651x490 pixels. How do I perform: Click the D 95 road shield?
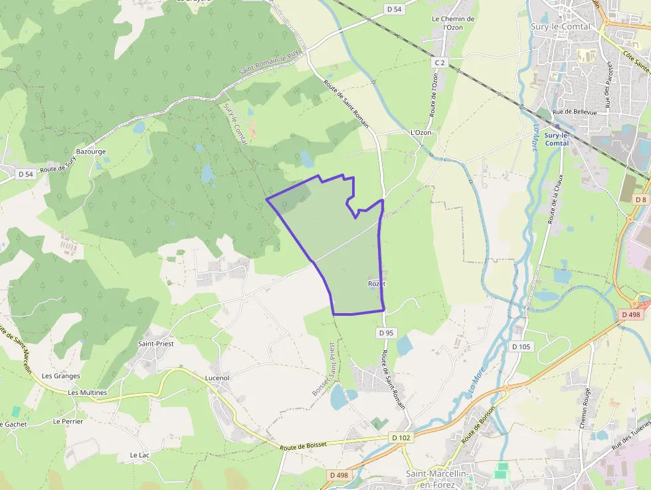tap(386, 332)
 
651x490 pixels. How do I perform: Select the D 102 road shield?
tap(401, 437)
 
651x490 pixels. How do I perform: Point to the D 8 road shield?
tap(640, 199)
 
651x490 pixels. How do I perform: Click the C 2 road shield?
tap(438, 62)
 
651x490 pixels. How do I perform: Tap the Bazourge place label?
tap(91, 152)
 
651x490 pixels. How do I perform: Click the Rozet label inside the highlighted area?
tap(377, 284)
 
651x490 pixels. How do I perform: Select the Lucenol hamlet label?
tap(217, 378)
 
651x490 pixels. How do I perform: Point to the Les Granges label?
tap(60, 376)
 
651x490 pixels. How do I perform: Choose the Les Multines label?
tap(87, 392)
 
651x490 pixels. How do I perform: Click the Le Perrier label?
tap(68, 422)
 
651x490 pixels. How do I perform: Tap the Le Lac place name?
tap(140, 455)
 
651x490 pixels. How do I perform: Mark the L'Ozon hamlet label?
tap(421, 133)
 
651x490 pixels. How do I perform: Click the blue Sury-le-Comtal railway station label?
tap(557, 139)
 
